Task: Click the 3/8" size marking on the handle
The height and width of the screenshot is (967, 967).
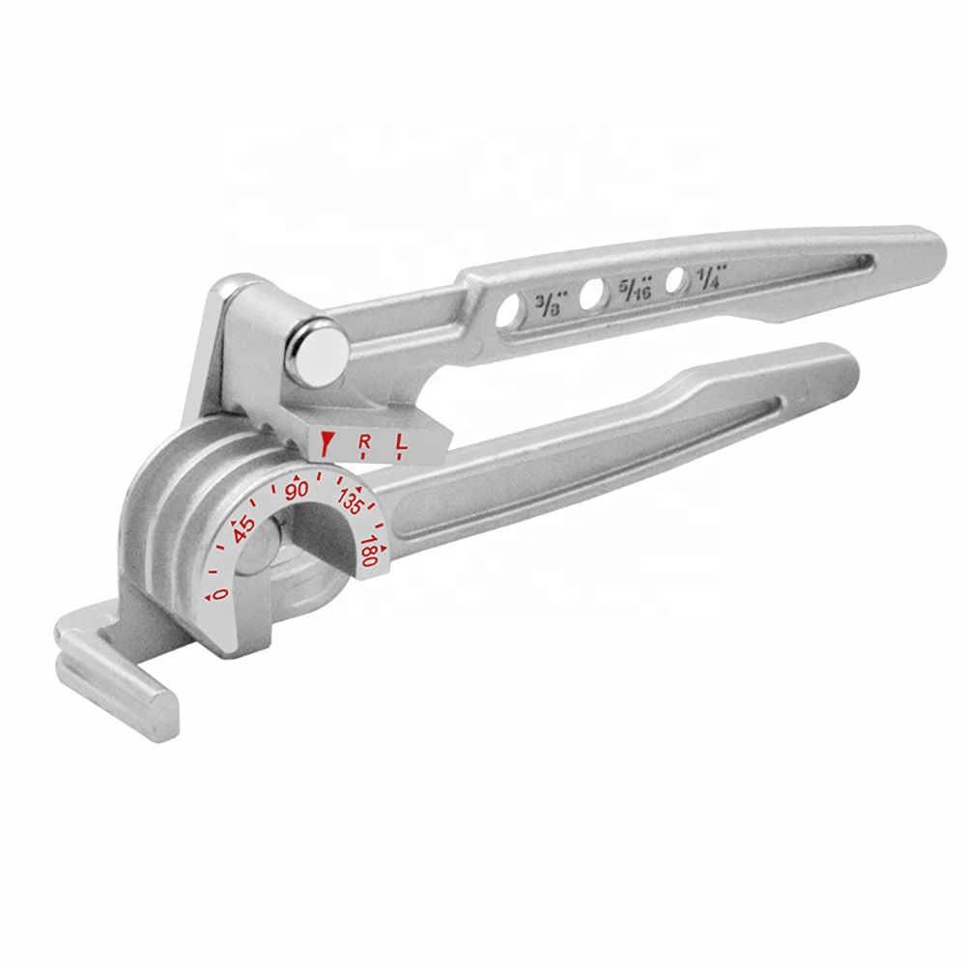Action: (546, 303)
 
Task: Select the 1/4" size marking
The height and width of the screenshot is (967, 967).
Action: (712, 277)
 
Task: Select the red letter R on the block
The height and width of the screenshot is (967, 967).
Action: (364, 443)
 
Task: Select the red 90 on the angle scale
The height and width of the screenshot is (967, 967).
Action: (297, 490)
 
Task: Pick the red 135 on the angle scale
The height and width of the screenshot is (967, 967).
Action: (348, 504)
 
